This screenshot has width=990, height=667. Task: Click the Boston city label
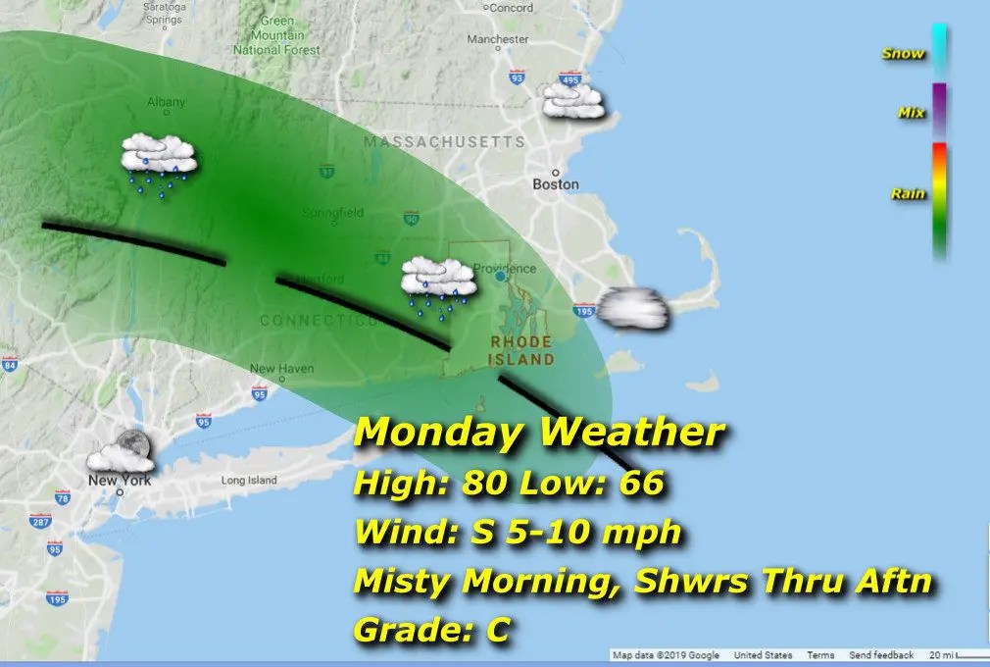[556, 184]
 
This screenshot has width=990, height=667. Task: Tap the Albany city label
[165, 102]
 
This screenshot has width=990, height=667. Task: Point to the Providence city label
[504, 268]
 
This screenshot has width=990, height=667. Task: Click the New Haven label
[281, 369]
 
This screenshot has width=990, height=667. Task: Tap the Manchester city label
[498, 39]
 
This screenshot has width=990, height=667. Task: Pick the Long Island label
[249, 481]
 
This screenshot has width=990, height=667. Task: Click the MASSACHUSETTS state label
[444, 142]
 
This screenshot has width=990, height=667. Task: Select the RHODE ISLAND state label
[521, 350]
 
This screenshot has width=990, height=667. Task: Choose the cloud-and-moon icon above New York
[121, 452]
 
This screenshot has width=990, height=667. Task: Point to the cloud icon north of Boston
[573, 100]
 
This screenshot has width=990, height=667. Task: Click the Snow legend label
[903, 53]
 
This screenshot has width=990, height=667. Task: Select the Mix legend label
[912, 113]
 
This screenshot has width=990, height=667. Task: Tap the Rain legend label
[909, 194]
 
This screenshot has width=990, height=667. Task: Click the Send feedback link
[881, 655]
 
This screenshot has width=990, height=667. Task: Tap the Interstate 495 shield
[569, 78]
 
